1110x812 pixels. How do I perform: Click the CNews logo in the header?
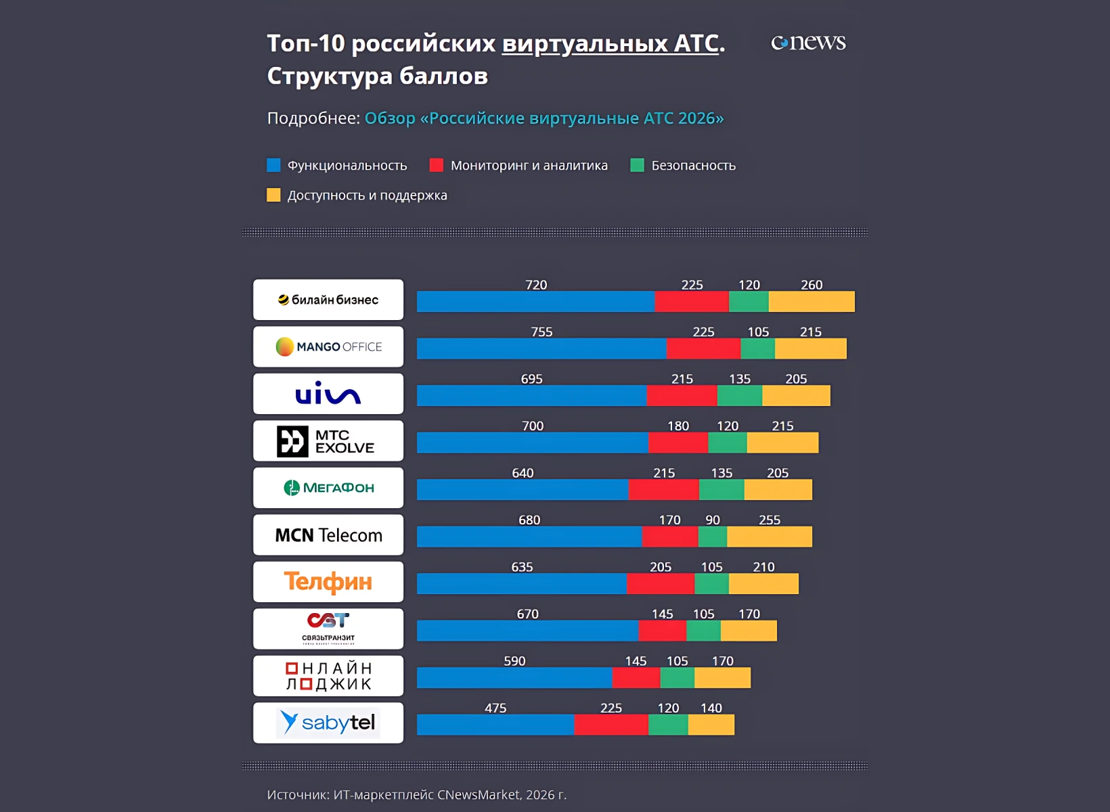(808, 43)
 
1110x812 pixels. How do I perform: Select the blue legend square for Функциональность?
(273, 165)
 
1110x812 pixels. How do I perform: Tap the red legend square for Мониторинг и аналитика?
(437, 165)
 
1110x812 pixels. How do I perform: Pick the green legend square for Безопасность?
(637, 165)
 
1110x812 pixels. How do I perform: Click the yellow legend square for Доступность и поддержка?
(273, 196)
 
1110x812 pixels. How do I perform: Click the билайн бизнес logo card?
(328, 300)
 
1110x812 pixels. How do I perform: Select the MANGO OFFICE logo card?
(328, 346)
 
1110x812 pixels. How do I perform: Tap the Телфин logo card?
(328, 582)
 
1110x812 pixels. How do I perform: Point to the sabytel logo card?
(328, 723)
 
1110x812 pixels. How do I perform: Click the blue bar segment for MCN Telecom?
(529, 537)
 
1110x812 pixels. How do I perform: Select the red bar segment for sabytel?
(611, 725)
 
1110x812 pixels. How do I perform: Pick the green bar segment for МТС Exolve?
(728, 443)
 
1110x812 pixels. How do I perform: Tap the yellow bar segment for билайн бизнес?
(812, 302)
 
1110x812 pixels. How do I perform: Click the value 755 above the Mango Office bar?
(541, 332)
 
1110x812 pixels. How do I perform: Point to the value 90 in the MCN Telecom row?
(713, 520)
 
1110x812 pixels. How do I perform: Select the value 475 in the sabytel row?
(495, 708)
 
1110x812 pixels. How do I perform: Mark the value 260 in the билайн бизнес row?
(812, 285)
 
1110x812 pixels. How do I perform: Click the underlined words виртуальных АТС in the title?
(610, 44)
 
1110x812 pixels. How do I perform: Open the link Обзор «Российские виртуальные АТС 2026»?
(544, 118)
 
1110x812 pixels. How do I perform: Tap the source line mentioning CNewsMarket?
(417, 795)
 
